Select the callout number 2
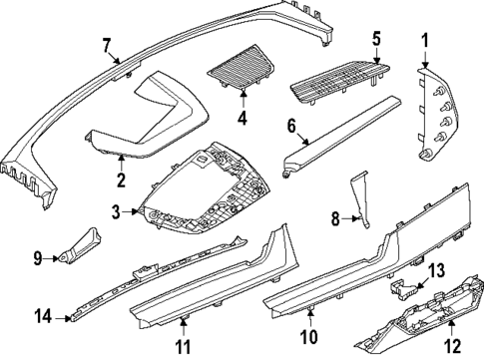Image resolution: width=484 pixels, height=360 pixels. coord(121,180)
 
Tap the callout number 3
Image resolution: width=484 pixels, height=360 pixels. coord(117,212)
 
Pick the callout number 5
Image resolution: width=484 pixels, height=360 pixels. coord(376,39)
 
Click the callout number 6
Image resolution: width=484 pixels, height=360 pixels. coord(291,127)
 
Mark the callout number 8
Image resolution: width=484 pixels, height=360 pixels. coord(336,214)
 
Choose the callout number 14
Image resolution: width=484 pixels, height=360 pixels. coord(42,318)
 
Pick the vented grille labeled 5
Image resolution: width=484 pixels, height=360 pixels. coord(339,77)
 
